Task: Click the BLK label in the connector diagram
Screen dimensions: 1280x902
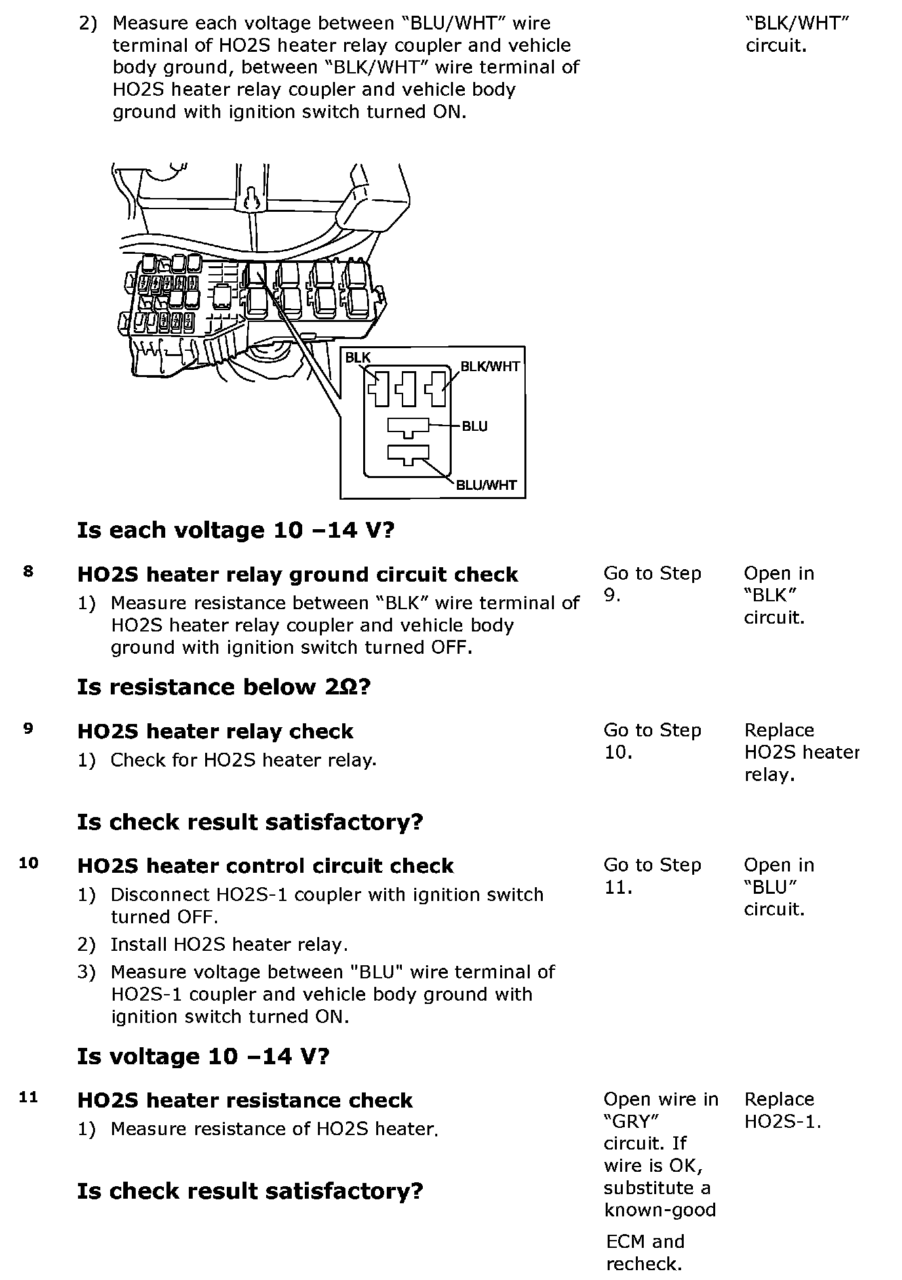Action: [358, 357]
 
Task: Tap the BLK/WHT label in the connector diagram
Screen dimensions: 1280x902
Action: [490, 367]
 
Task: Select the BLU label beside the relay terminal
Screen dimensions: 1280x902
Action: [475, 426]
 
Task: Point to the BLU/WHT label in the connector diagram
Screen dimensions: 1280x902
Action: [486, 485]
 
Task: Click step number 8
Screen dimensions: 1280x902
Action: [28, 571]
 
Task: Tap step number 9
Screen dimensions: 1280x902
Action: [28, 728]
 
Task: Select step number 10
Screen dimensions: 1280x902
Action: [28, 863]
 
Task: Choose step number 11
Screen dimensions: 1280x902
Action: [28, 1097]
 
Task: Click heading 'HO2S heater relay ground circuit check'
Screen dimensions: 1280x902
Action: [298, 574]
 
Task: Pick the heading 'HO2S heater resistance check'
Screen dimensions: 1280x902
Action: [245, 1100]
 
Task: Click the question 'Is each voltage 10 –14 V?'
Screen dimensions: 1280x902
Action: [235, 530]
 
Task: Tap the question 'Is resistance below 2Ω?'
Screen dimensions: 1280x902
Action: [224, 687]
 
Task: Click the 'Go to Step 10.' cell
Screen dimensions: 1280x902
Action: [652, 741]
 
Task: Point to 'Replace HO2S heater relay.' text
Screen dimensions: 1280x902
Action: [801, 752]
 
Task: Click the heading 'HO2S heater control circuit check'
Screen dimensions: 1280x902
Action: [265, 866]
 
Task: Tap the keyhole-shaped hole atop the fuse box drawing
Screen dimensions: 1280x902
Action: [251, 199]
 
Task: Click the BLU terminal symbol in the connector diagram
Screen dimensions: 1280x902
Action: [408, 427]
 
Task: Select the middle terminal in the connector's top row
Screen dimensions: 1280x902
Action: [408, 389]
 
